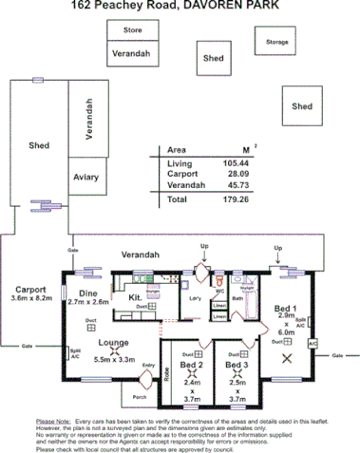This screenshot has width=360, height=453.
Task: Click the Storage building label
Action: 276,42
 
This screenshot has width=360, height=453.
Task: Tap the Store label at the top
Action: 132,30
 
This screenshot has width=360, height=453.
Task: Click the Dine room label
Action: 87,293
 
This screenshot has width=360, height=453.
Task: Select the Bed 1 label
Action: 286,310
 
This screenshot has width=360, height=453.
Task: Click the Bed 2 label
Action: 190,365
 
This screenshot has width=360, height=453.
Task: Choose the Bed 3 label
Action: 237,365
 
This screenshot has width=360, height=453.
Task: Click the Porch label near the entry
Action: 140,397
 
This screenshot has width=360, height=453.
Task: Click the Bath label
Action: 237,298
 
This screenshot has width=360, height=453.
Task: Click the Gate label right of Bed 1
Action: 336,355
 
